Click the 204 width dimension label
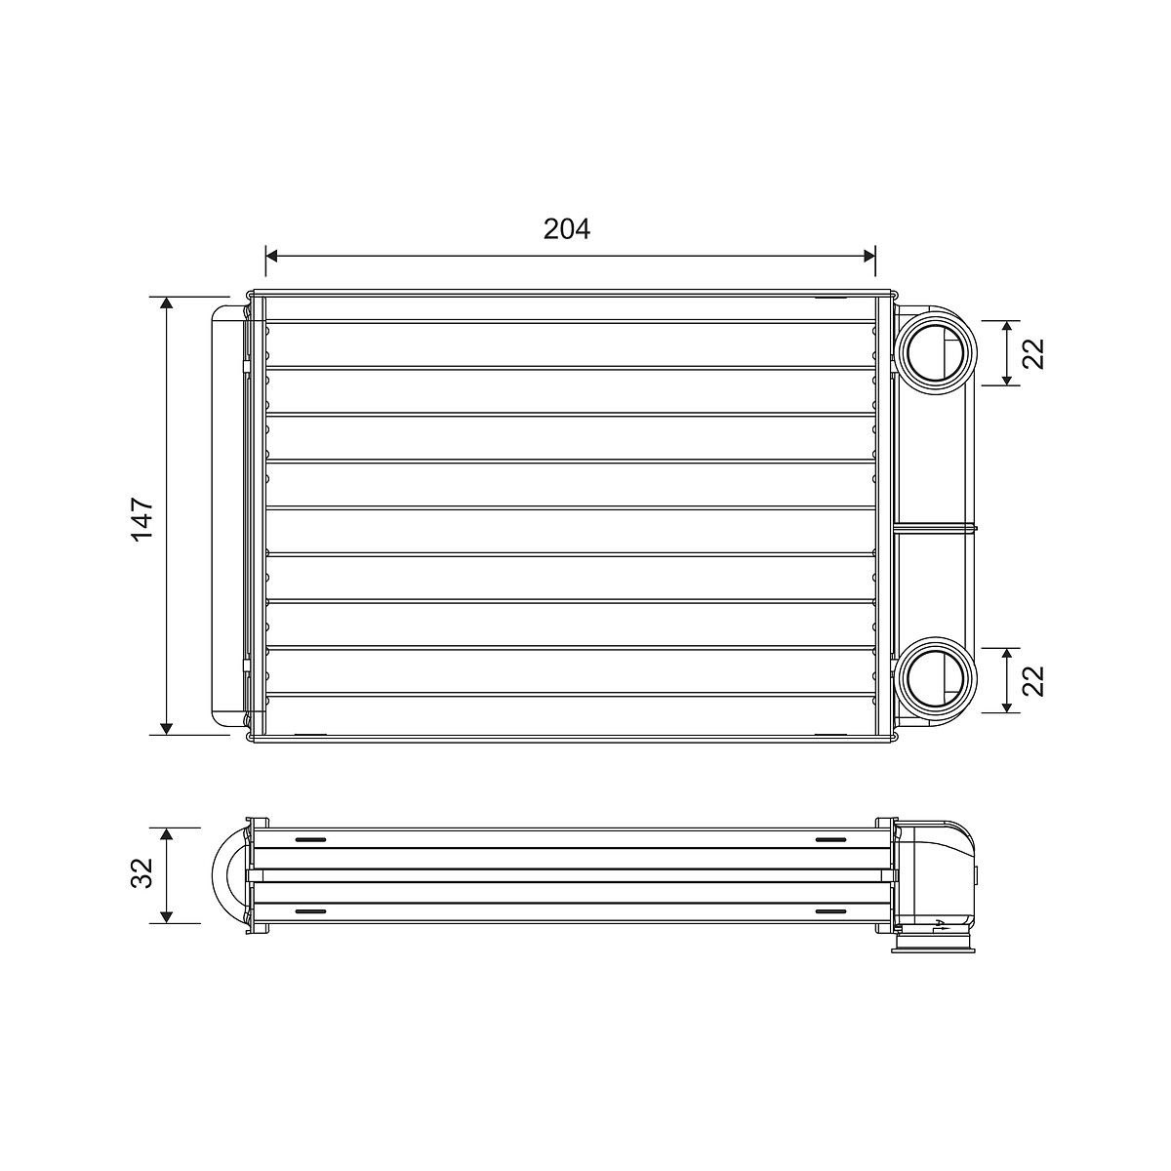566,229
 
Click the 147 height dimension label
141,519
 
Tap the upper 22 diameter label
1032,353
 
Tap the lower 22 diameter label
1032,680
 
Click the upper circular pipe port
936,352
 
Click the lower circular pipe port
936,679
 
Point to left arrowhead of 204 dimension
271,256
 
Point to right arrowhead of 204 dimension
869,256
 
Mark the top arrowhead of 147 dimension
166,303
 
